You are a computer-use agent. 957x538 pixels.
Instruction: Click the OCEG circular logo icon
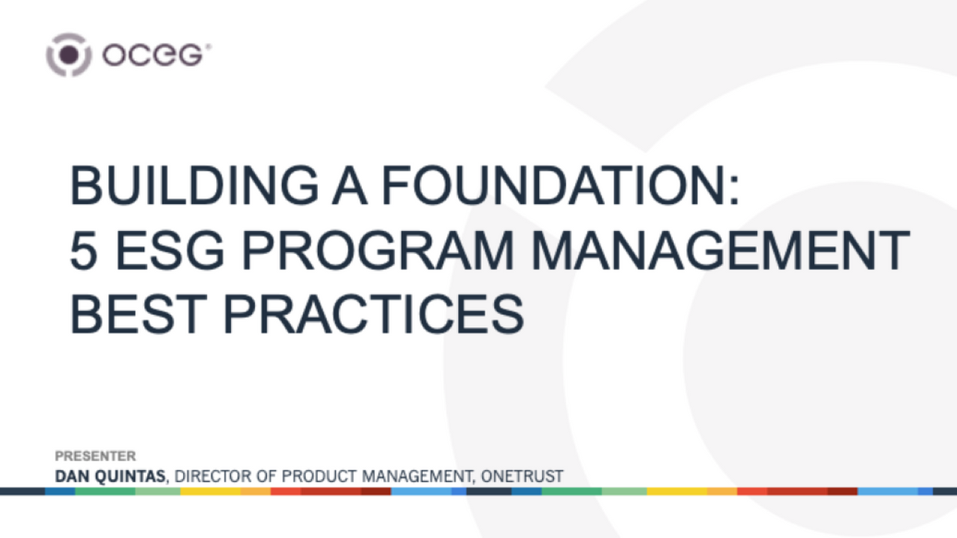tap(69, 55)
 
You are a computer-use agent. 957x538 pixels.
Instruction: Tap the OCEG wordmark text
tap(152, 55)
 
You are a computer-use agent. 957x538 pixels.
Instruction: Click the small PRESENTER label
tap(95, 456)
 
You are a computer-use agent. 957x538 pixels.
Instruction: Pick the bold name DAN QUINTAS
tap(109, 476)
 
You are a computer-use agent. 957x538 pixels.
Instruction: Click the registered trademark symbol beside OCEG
tap(208, 47)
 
